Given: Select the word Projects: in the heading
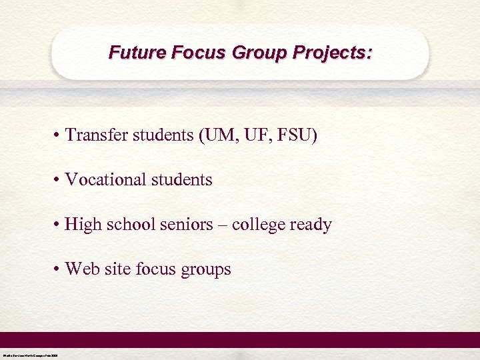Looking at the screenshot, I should pos(335,52).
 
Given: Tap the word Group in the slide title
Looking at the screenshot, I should pos(256,52).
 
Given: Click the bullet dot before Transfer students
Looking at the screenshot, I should pos(59,136).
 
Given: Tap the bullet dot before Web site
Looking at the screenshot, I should pos(59,269).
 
